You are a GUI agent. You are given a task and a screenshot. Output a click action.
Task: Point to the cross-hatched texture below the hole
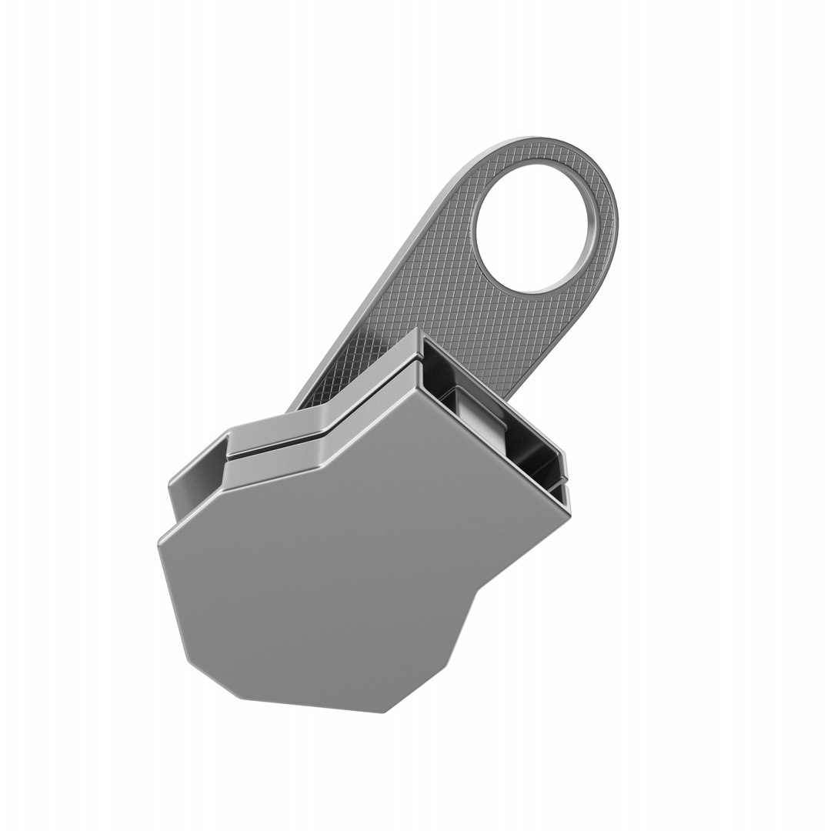click(492, 323)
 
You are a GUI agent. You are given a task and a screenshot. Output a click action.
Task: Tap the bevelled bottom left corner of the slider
click(208, 669)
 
